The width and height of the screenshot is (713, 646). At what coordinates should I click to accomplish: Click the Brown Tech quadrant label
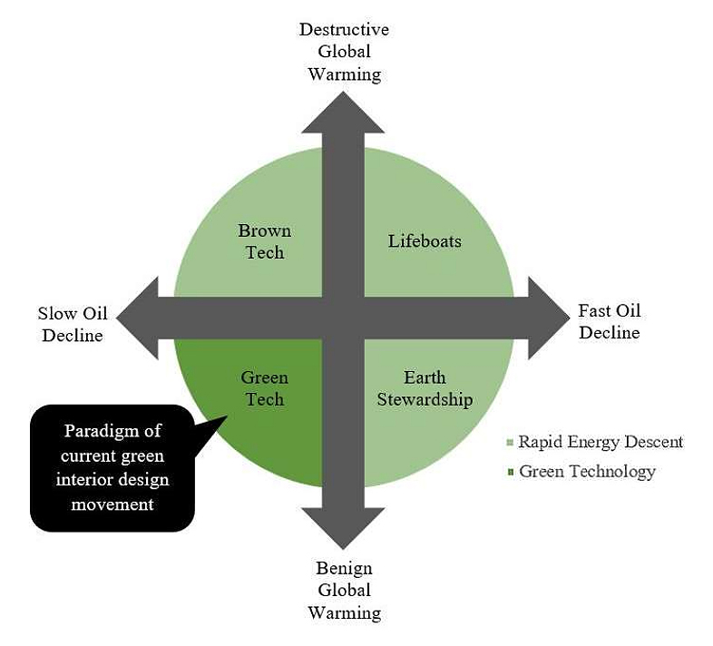(265, 241)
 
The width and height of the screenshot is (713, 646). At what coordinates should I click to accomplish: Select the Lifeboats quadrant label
(425, 241)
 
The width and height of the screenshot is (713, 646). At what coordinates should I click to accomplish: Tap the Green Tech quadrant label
(264, 388)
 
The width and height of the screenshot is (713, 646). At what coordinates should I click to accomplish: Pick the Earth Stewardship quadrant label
(425, 388)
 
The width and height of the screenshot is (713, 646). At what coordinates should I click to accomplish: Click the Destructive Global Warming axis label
(344, 52)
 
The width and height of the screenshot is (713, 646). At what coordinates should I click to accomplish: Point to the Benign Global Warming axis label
(344, 591)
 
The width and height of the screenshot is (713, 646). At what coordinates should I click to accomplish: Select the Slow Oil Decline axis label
(72, 325)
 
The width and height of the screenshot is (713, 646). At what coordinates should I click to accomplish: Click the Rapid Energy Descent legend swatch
(511, 443)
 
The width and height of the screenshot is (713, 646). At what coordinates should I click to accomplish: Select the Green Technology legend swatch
(511, 472)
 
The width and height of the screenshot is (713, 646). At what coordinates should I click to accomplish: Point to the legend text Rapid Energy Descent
(601, 442)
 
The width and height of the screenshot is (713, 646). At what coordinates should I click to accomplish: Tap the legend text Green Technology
(587, 471)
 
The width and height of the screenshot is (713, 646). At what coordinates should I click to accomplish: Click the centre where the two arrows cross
(343, 318)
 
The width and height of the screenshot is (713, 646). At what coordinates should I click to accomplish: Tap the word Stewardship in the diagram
(425, 399)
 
